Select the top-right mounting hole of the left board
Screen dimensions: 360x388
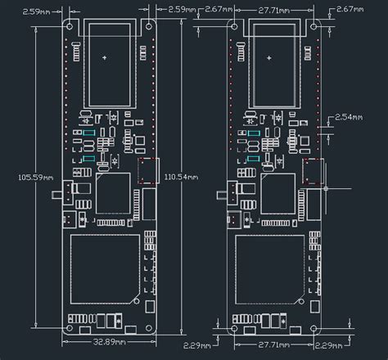click(151, 25)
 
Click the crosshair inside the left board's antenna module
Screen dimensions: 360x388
click(107, 58)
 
